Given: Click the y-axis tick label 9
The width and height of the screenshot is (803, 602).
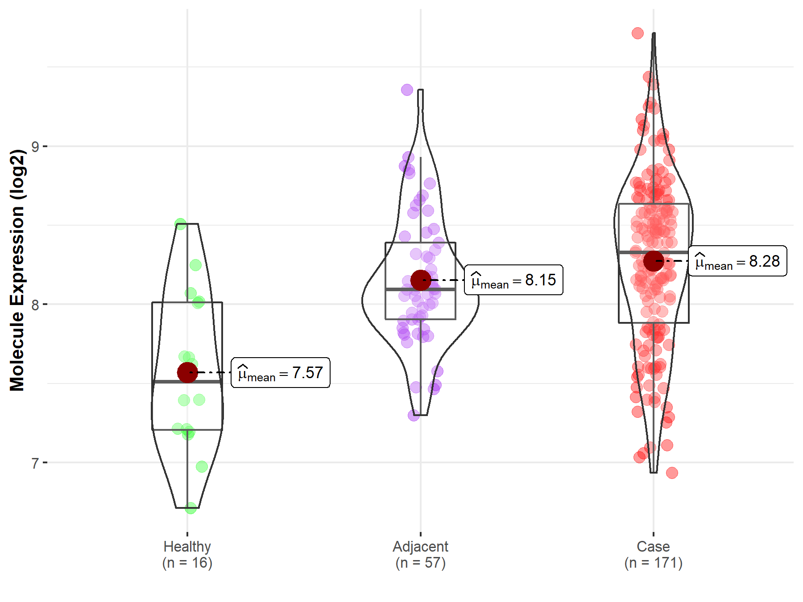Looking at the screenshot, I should point(35,146).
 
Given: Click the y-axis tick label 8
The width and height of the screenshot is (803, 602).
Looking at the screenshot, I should point(35,305).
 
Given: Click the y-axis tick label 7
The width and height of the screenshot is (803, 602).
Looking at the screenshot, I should point(35,463).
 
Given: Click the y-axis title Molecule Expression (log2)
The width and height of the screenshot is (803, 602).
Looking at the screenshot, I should point(17,270).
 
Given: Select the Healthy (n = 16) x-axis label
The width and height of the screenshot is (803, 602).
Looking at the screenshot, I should point(187,554).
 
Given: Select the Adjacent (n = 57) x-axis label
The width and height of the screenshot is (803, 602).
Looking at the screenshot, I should point(420,554).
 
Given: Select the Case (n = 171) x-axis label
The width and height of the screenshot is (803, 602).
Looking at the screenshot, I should point(654,554).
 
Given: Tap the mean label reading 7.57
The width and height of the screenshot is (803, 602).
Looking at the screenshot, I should point(280,373).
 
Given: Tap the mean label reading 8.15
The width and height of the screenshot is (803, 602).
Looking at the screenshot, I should point(513,280).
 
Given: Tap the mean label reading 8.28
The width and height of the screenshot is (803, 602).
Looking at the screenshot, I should point(737,261).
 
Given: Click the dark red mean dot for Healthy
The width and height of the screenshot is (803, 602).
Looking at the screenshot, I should point(187,372).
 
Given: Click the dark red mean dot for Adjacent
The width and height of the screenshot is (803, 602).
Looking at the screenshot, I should point(421,280).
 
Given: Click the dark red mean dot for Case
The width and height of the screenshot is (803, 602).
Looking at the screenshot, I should point(654,261).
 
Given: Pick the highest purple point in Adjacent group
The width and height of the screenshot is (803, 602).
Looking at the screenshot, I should point(407,90).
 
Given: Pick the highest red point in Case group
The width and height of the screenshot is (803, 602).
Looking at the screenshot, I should point(637,33).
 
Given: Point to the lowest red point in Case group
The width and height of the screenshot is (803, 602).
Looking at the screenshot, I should point(672,473).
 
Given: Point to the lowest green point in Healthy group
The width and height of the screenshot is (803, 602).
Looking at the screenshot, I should point(191,508).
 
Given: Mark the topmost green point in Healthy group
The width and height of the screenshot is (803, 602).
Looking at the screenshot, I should point(180,224).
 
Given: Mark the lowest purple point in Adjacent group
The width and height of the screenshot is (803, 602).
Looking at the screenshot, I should point(414,416).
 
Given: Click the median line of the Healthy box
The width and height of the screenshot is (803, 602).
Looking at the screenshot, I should point(187,382).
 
